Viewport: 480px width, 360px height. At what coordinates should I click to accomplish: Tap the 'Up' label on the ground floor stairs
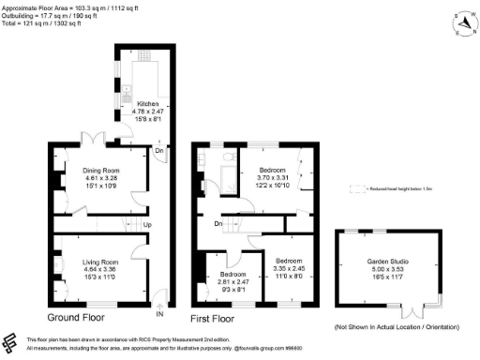pyautogui.click(x=147, y=225)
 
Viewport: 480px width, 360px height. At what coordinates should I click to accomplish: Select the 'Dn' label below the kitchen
pyautogui.click(x=159, y=150)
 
